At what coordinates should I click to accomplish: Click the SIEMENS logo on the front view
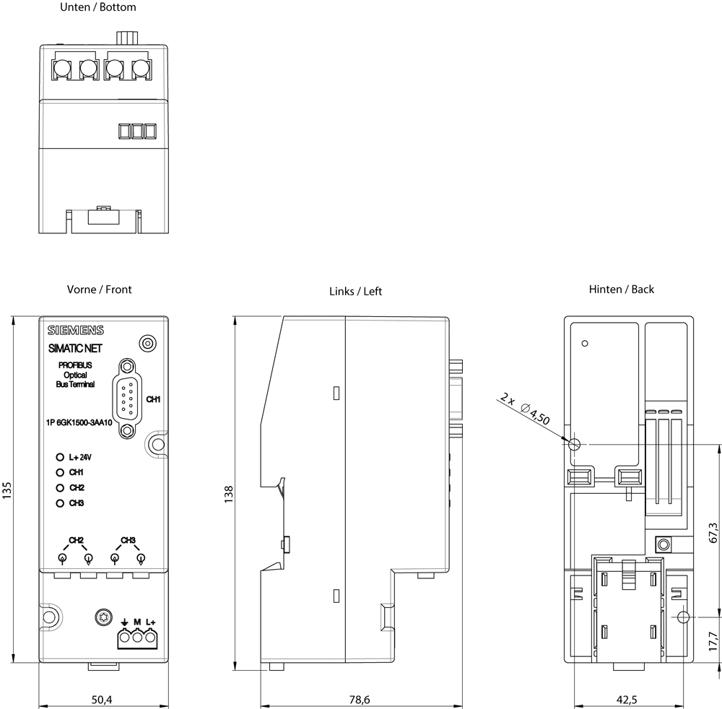(x=76, y=330)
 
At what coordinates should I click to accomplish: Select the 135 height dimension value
(x=6, y=490)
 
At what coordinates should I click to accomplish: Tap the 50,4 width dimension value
(x=102, y=700)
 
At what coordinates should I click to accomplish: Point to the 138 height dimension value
(x=228, y=494)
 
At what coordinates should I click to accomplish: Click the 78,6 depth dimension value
(x=359, y=700)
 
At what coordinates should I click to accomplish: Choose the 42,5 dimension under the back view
(x=627, y=700)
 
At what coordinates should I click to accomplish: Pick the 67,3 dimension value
(x=713, y=533)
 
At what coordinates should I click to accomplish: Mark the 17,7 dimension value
(x=713, y=641)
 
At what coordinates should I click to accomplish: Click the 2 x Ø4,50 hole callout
(x=525, y=409)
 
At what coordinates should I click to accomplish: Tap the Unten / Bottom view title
(x=98, y=7)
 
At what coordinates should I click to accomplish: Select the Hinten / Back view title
(x=621, y=289)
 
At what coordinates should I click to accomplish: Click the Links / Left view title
(x=355, y=292)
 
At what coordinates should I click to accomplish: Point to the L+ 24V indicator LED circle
(x=60, y=457)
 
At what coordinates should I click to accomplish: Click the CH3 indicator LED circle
(x=60, y=503)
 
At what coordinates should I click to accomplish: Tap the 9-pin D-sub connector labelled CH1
(x=128, y=399)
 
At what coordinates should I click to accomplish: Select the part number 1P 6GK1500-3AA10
(x=79, y=422)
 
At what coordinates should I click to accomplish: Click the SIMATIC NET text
(x=75, y=349)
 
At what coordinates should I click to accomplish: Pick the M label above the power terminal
(x=137, y=622)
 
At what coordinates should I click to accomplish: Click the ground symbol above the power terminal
(x=124, y=622)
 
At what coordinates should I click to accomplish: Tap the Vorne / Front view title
(x=99, y=290)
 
